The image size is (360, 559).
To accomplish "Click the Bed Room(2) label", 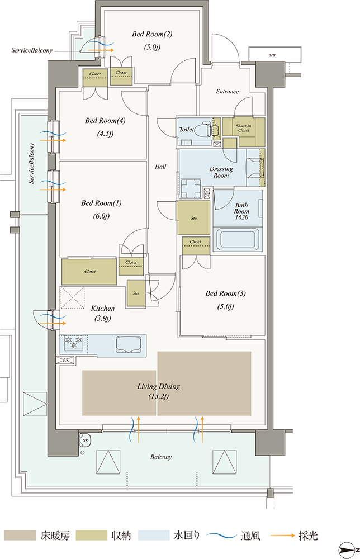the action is pyautogui.click(x=152, y=34).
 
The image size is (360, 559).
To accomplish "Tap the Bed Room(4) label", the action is pyautogui.click(x=105, y=121).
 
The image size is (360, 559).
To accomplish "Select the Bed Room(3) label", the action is pyautogui.click(x=225, y=293).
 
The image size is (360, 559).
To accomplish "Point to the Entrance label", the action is pyautogui.click(x=227, y=92).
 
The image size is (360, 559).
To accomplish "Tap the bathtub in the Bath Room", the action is pyautogui.click(x=238, y=240).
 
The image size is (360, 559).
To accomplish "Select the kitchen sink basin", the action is pyautogui.click(x=127, y=344).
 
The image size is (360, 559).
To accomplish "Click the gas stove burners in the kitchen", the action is pyautogui.click(x=74, y=342).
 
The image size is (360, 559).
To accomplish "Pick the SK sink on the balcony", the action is pyautogui.click(x=86, y=440).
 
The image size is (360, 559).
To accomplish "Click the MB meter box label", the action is pyautogui.click(x=272, y=55).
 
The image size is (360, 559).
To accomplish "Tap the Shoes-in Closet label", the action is pyautogui.click(x=243, y=128).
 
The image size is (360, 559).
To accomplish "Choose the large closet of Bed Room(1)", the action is pyautogui.click(x=89, y=271).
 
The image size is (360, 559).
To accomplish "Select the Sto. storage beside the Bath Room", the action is pyautogui.click(x=193, y=217).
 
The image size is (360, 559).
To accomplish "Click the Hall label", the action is pyautogui.click(x=160, y=167).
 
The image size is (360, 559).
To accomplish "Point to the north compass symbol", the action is pyautogui.click(x=348, y=548).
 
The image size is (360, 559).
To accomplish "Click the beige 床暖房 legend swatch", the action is pyautogui.click(x=20, y=536).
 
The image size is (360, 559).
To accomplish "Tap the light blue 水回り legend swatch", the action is pyautogui.click(x=153, y=536).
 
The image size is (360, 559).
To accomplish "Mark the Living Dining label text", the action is pyautogui.click(x=159, y=386).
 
